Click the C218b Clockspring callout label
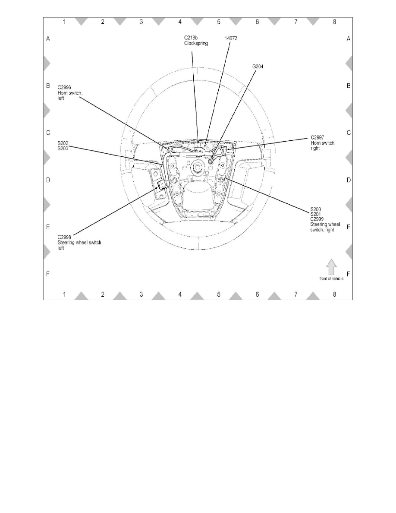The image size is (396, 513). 196,41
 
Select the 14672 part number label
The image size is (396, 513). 231,38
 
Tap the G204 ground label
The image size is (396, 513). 258,66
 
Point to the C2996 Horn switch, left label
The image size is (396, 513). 70,93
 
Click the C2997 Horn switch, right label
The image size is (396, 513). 323,143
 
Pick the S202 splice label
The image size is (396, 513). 63,143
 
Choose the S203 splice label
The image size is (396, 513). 63,149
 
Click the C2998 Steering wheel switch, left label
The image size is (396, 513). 80,242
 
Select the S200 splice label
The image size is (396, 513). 316,209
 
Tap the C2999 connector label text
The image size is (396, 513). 317,219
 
